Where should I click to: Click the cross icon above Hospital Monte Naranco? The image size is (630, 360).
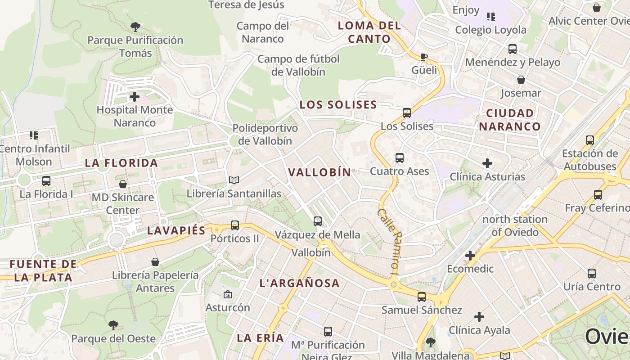[x=134, y=97]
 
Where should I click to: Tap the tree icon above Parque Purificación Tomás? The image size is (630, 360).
[x=135, y=27]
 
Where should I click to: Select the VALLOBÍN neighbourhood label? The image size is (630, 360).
[x=319, y=172]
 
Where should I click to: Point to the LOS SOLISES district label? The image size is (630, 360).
[x=338, y=105]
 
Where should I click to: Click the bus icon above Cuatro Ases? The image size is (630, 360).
[x=399, y=158]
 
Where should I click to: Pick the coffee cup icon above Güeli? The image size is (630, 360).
[x=423, y=57]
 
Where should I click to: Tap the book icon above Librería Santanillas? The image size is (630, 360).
[x=234, y=180]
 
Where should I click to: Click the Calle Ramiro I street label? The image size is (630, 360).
[x=389, y=241]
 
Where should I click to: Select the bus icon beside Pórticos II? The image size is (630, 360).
[x=234, y=225]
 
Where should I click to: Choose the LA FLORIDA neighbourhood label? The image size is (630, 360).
[x=121, y=163]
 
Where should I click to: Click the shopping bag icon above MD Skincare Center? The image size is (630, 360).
[x=122, y=184]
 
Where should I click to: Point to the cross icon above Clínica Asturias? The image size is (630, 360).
[x=487, y=163]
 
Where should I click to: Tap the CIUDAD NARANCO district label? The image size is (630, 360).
[x=509, y=120]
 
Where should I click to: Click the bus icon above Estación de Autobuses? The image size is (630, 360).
[x=589, y=140]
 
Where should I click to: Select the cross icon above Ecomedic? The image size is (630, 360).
[x=470, y=256]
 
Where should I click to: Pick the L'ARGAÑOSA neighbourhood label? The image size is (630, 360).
[x=299, y=283]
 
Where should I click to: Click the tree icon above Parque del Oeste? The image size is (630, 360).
[x=113, y=325]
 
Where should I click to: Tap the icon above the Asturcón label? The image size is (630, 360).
[x=227, y=295]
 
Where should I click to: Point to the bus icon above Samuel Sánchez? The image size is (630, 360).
[x=421, y=297]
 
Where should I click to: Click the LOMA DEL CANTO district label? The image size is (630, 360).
[x=369, y=32]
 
